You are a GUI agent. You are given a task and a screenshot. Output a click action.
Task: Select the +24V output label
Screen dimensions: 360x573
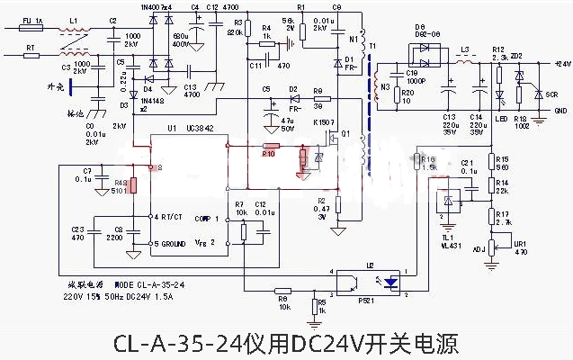click(562, 64)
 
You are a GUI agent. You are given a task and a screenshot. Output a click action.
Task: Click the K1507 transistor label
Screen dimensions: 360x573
click(323, 121)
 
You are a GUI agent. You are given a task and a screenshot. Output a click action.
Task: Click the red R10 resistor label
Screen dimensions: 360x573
click(267, 154)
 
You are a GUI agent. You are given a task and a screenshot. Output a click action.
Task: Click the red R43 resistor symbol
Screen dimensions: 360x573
click(132, 186)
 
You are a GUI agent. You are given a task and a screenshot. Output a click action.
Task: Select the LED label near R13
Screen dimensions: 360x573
click(499, 119)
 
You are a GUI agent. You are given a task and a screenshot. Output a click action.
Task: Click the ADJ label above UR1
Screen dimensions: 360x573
click(478, 252)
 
